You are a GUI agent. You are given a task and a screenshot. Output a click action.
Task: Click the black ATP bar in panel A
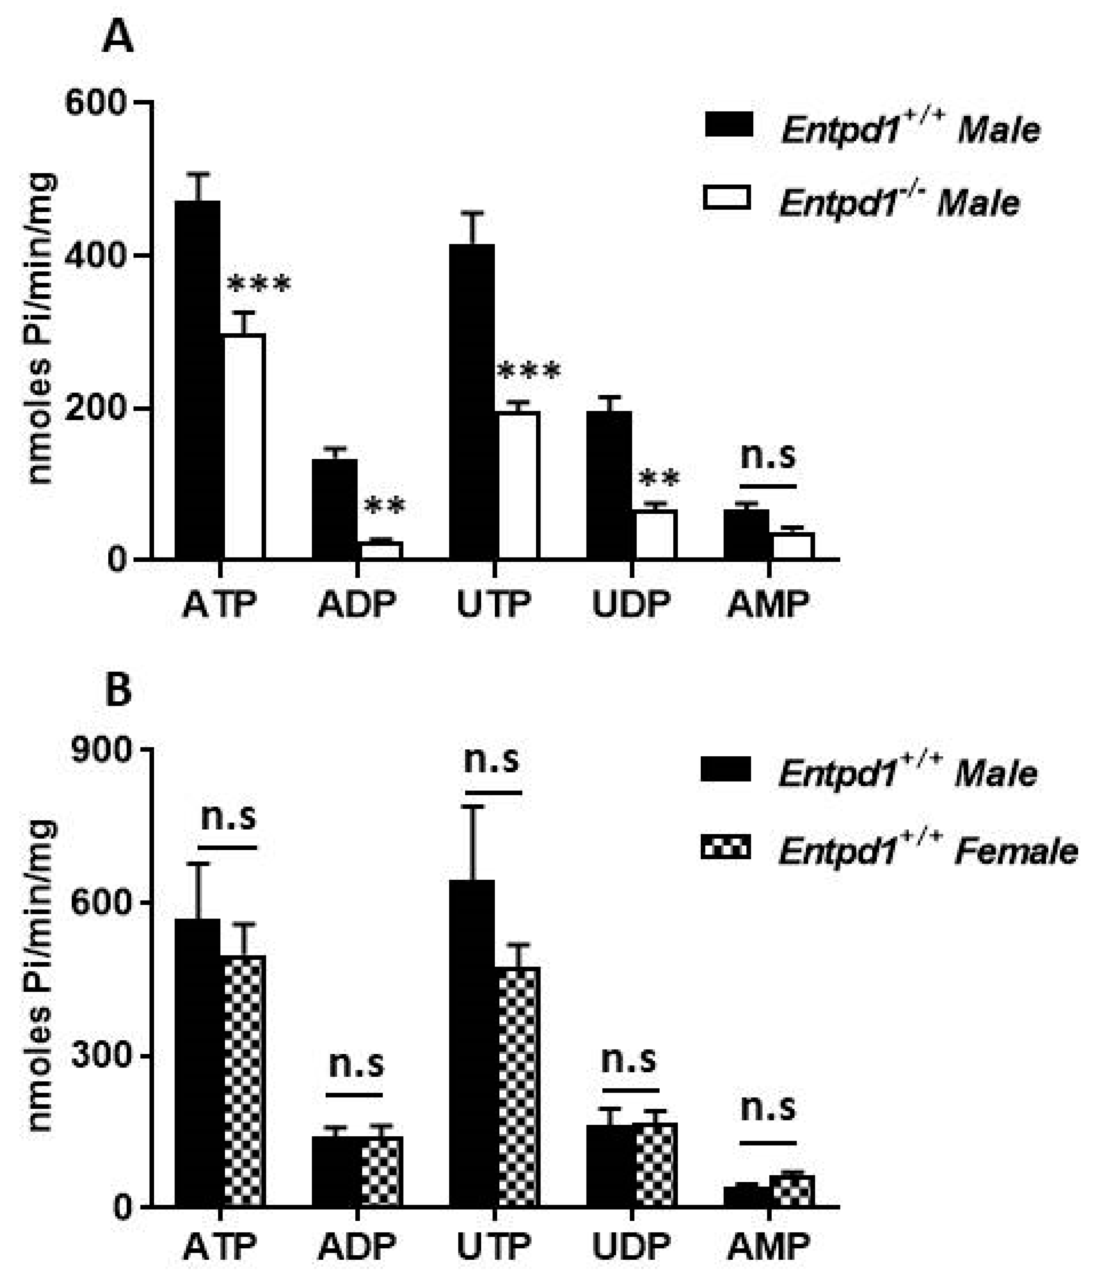click(198, 379)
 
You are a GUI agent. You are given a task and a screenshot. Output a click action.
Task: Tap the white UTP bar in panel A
click(519, 485)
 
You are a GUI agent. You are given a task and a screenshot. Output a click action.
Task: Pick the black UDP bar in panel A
click(609, 485)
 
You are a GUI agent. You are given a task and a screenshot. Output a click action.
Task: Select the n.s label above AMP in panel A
click(768, 457)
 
